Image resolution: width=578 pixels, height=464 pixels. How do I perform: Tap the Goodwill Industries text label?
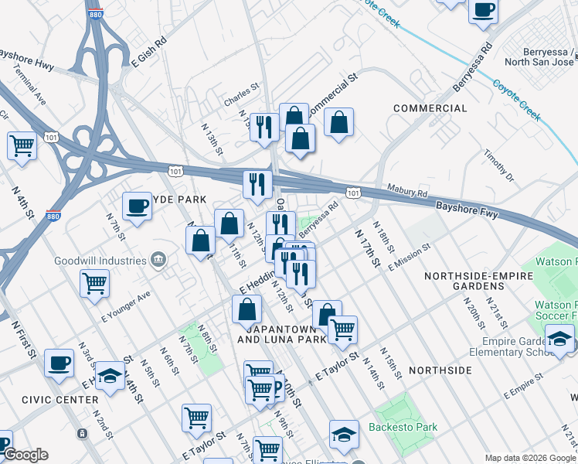coord(100,261)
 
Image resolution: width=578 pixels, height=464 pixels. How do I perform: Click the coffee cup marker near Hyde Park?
coord(137,206)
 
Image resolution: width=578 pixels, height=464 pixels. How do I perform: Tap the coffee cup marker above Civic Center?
coord(59,363)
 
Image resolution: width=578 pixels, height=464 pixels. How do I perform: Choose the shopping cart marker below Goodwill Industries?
coord(94,283)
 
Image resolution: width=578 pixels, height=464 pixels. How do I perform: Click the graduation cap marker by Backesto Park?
coord(344,435)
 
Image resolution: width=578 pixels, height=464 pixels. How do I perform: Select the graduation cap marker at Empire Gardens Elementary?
coord(560,338)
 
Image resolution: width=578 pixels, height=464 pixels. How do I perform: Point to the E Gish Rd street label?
coord(149,52)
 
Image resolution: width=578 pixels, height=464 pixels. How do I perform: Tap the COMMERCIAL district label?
coord(430,108)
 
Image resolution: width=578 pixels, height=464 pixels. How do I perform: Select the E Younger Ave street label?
coord(126,307)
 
